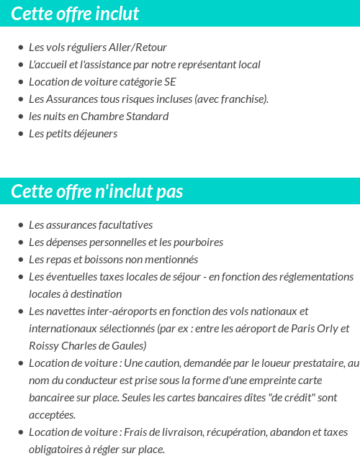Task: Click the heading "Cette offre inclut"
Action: click(x=75, y=13)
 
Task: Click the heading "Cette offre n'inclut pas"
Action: click(x=97, y=191)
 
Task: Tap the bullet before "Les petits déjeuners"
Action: click(x=20, y=135)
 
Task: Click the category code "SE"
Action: click(x=169, y=82)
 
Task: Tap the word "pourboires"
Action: click(x=197, y=242)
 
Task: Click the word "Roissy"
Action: click(x=44, y=346)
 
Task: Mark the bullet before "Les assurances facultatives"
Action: click(x=20, y=226)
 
